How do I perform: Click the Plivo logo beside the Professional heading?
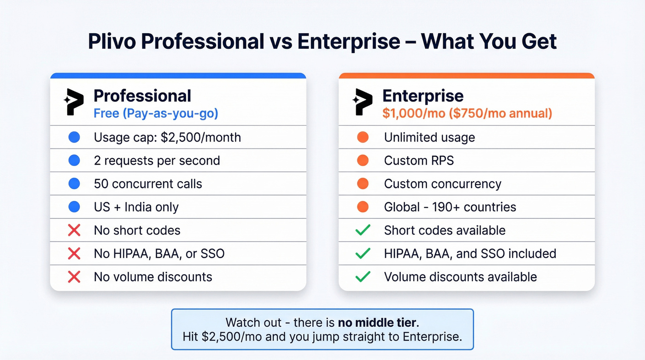click(74, 102)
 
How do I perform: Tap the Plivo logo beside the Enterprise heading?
click(362, 102)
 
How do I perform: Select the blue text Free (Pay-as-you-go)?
click(156, 113)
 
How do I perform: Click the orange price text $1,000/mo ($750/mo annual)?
click(467, 113)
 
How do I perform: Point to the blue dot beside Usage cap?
click(74, 137)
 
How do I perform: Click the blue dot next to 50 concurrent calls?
click(74, 183)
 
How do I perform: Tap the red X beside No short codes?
click(74, 230)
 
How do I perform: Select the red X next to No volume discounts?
click(74, 277)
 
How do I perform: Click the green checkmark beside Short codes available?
click(363, 230)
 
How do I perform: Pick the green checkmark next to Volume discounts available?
click(363, 277)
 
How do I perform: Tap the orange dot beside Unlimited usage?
click(363, 137)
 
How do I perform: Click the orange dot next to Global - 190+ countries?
click(363, 207)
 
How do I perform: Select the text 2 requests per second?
click(157, 160)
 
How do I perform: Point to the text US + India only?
click(136, 207)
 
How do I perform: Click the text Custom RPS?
click(419, 160)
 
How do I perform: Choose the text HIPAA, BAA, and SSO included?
click(470, 254)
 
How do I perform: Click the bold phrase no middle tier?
click(377, 322)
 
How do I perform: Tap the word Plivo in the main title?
click(111, 41)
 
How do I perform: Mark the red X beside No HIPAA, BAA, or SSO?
click(74, 254)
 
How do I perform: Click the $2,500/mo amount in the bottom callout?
click(234, 336)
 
